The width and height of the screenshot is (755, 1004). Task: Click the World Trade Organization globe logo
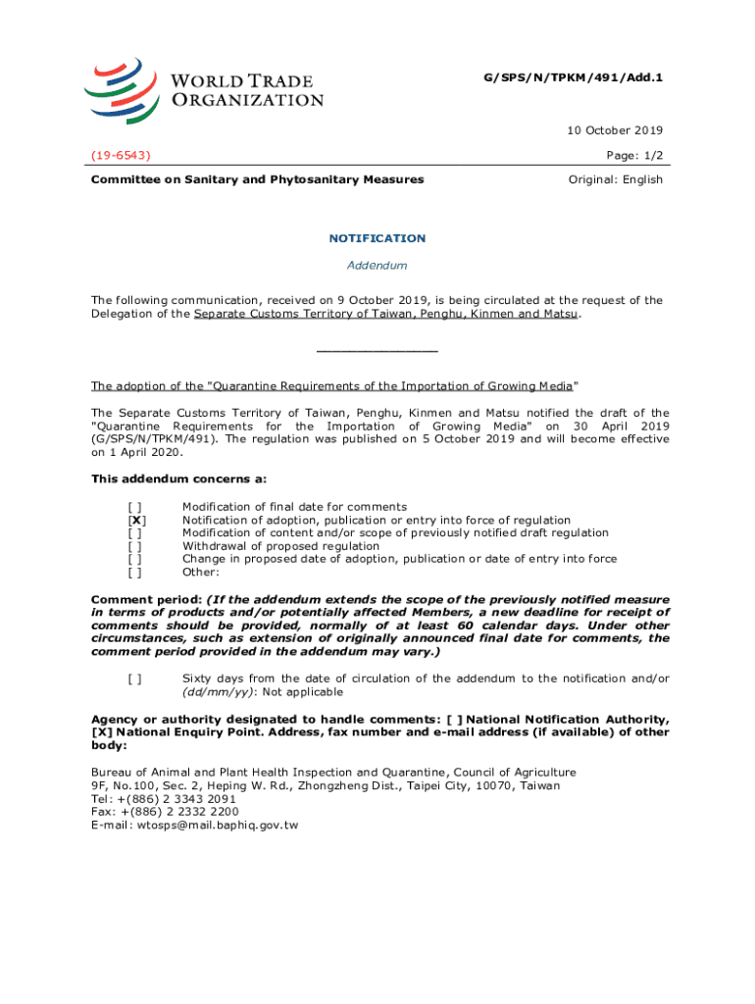click(x=123, y=89)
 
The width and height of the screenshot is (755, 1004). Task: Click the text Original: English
click(x=616, y=179)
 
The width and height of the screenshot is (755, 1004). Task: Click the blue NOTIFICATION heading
click(x=377, y=238)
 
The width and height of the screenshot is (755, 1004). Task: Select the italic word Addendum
click(x=377, y=266)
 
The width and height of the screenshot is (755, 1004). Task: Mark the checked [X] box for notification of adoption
click(x=137, y=521)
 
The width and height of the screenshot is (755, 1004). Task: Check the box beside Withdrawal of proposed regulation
click(x=135, y=546)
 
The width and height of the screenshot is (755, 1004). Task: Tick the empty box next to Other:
click(x=135, y=572)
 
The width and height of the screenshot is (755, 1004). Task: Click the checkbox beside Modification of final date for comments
click(x=135, y=507)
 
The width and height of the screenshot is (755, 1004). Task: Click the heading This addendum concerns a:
click(x=178, y=479)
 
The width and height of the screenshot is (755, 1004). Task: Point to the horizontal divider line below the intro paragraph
click(x=377, y=351)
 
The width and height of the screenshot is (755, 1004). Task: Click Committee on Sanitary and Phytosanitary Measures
click(x=258, y=179)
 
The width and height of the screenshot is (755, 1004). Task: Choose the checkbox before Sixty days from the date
click(x=135, y=678)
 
